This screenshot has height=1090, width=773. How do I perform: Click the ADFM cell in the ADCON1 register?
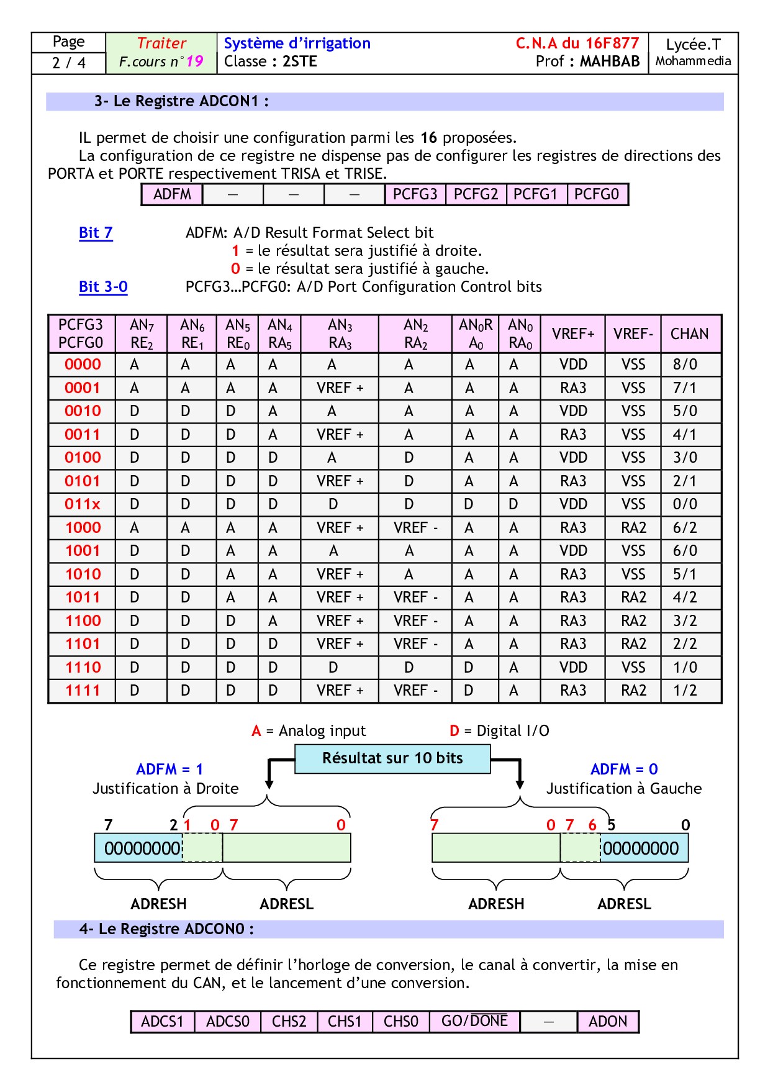172,194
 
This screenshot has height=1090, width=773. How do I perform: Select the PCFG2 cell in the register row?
476,194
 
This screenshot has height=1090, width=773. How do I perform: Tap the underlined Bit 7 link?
96,233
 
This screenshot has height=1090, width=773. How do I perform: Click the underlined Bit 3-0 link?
103,287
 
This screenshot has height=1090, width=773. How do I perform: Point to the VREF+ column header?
573,334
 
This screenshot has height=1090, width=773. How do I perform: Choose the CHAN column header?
689,334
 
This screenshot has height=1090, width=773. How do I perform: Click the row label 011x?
83,504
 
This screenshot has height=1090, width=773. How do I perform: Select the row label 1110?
83,668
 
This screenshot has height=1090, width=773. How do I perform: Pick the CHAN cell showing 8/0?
685,365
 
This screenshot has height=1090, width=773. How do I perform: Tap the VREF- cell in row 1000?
633,528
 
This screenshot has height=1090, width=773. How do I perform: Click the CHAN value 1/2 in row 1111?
685,691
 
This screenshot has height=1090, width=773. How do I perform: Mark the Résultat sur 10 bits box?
392,758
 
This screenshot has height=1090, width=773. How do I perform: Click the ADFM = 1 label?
170,770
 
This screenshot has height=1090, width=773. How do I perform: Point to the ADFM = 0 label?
624,770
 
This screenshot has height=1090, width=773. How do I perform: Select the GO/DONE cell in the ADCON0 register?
474,1022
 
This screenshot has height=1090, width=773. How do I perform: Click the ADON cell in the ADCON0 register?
608,1022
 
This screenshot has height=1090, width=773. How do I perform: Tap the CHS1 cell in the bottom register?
345,1022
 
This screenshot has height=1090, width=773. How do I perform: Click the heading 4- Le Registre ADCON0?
166,929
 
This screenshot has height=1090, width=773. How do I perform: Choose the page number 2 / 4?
69,63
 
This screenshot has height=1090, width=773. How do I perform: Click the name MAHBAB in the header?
610,61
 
